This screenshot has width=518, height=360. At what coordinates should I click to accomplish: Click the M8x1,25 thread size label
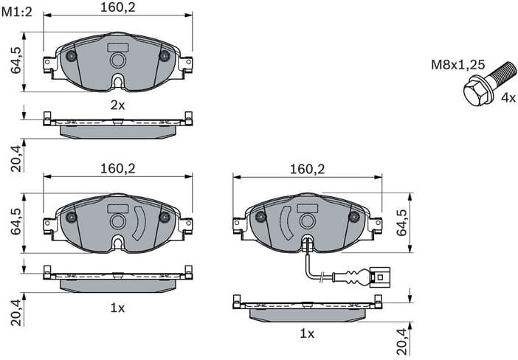pyautogui.click(x=458, y=65)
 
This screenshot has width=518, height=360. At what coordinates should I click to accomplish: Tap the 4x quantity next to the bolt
pyautogui.click(x=508, y=97)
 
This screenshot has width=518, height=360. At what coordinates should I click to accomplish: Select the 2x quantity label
pyautogui.click(x=117, y=105)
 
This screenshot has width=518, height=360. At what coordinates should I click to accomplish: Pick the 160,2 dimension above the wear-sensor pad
pyautogui.click(x=307, y=168)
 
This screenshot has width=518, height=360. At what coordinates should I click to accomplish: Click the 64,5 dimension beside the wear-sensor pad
pyautogui.click(x=401, y=221)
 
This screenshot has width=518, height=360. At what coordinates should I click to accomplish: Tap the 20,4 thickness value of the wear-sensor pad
pyautogui.click(x=401, y=342)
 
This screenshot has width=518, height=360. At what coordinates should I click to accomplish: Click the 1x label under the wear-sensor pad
pyautogui.click(x=307, y=333)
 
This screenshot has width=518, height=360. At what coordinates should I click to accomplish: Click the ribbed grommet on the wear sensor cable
pyautogui.click(x=350, y=278)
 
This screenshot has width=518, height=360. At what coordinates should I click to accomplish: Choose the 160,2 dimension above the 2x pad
pyautogui.click(x=117, y=8)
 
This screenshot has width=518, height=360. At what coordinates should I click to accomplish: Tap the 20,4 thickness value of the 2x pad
pyautogui.click(x=15, y=156)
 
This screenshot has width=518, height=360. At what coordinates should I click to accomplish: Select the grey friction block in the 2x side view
pyautogui.click(x=117, y=131)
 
